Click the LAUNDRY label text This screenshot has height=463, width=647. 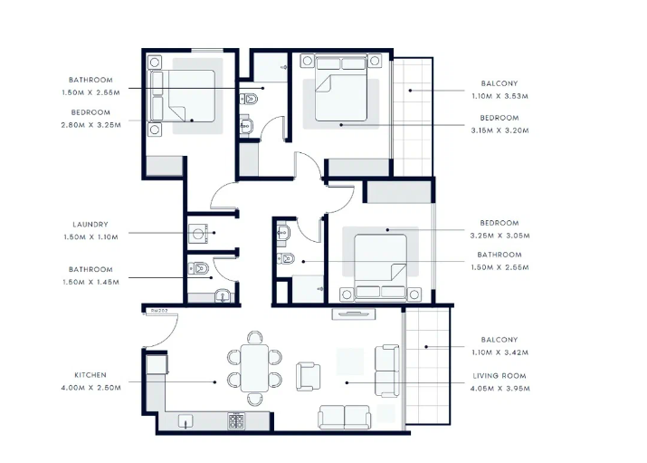(90, 225)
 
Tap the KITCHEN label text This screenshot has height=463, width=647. (90, 375)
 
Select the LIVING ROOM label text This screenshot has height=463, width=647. (500, 376)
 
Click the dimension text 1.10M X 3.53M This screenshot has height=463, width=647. (500, 96)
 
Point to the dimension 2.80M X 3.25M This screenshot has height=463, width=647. (91, 125)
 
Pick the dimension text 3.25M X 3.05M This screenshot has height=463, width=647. (500, 236)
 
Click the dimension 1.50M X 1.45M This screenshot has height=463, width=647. (90, 282)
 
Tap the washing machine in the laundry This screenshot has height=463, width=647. (198, 234)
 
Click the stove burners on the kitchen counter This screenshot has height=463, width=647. (236, 421)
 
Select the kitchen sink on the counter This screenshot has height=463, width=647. (186, 421)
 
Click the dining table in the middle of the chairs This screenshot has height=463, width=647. (254, 368)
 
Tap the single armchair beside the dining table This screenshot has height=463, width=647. (308, 376)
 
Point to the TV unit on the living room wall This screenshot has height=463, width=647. (354, 314)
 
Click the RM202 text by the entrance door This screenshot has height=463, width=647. (159, 311)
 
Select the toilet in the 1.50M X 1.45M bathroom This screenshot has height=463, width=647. (199, 269)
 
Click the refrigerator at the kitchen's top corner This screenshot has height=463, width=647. (157, 365)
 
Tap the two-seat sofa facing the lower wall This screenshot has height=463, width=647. (344, 417)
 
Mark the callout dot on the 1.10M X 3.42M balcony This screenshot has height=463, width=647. (426, 347)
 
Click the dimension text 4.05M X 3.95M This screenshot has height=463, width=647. (500, 389)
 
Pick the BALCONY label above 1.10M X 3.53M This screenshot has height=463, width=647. (500, 83)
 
